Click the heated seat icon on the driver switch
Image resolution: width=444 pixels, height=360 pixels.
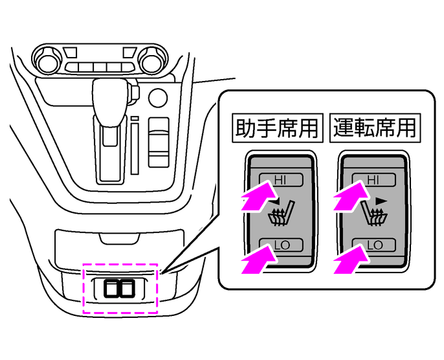point(375,214)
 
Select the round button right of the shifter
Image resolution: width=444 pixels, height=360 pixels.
point(157,98)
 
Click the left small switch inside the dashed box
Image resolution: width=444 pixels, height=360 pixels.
point(114,288)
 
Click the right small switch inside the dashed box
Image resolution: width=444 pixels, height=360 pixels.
point(130,288)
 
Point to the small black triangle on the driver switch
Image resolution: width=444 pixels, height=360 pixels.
point(381,201)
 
